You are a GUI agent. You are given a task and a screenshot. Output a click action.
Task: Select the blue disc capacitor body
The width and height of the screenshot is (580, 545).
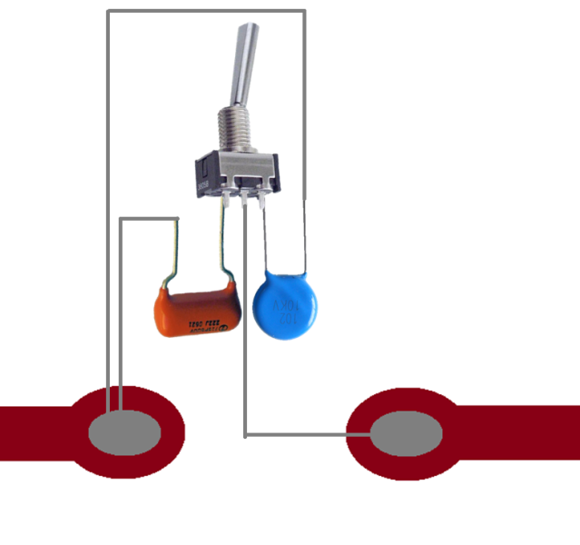click(x=285, y=305)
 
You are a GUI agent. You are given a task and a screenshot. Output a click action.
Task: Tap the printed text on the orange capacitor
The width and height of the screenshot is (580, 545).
click(x=207, y=325)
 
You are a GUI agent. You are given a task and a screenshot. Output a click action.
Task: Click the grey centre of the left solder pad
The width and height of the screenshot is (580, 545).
click(x=124, y=432)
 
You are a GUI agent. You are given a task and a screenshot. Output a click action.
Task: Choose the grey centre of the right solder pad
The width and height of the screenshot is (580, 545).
click(x=407, y=433)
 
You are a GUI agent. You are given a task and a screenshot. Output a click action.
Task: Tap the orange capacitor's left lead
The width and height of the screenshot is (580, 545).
click(x=172, y=254)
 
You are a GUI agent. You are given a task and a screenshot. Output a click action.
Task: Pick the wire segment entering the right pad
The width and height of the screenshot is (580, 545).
click(x=309, y=435)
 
